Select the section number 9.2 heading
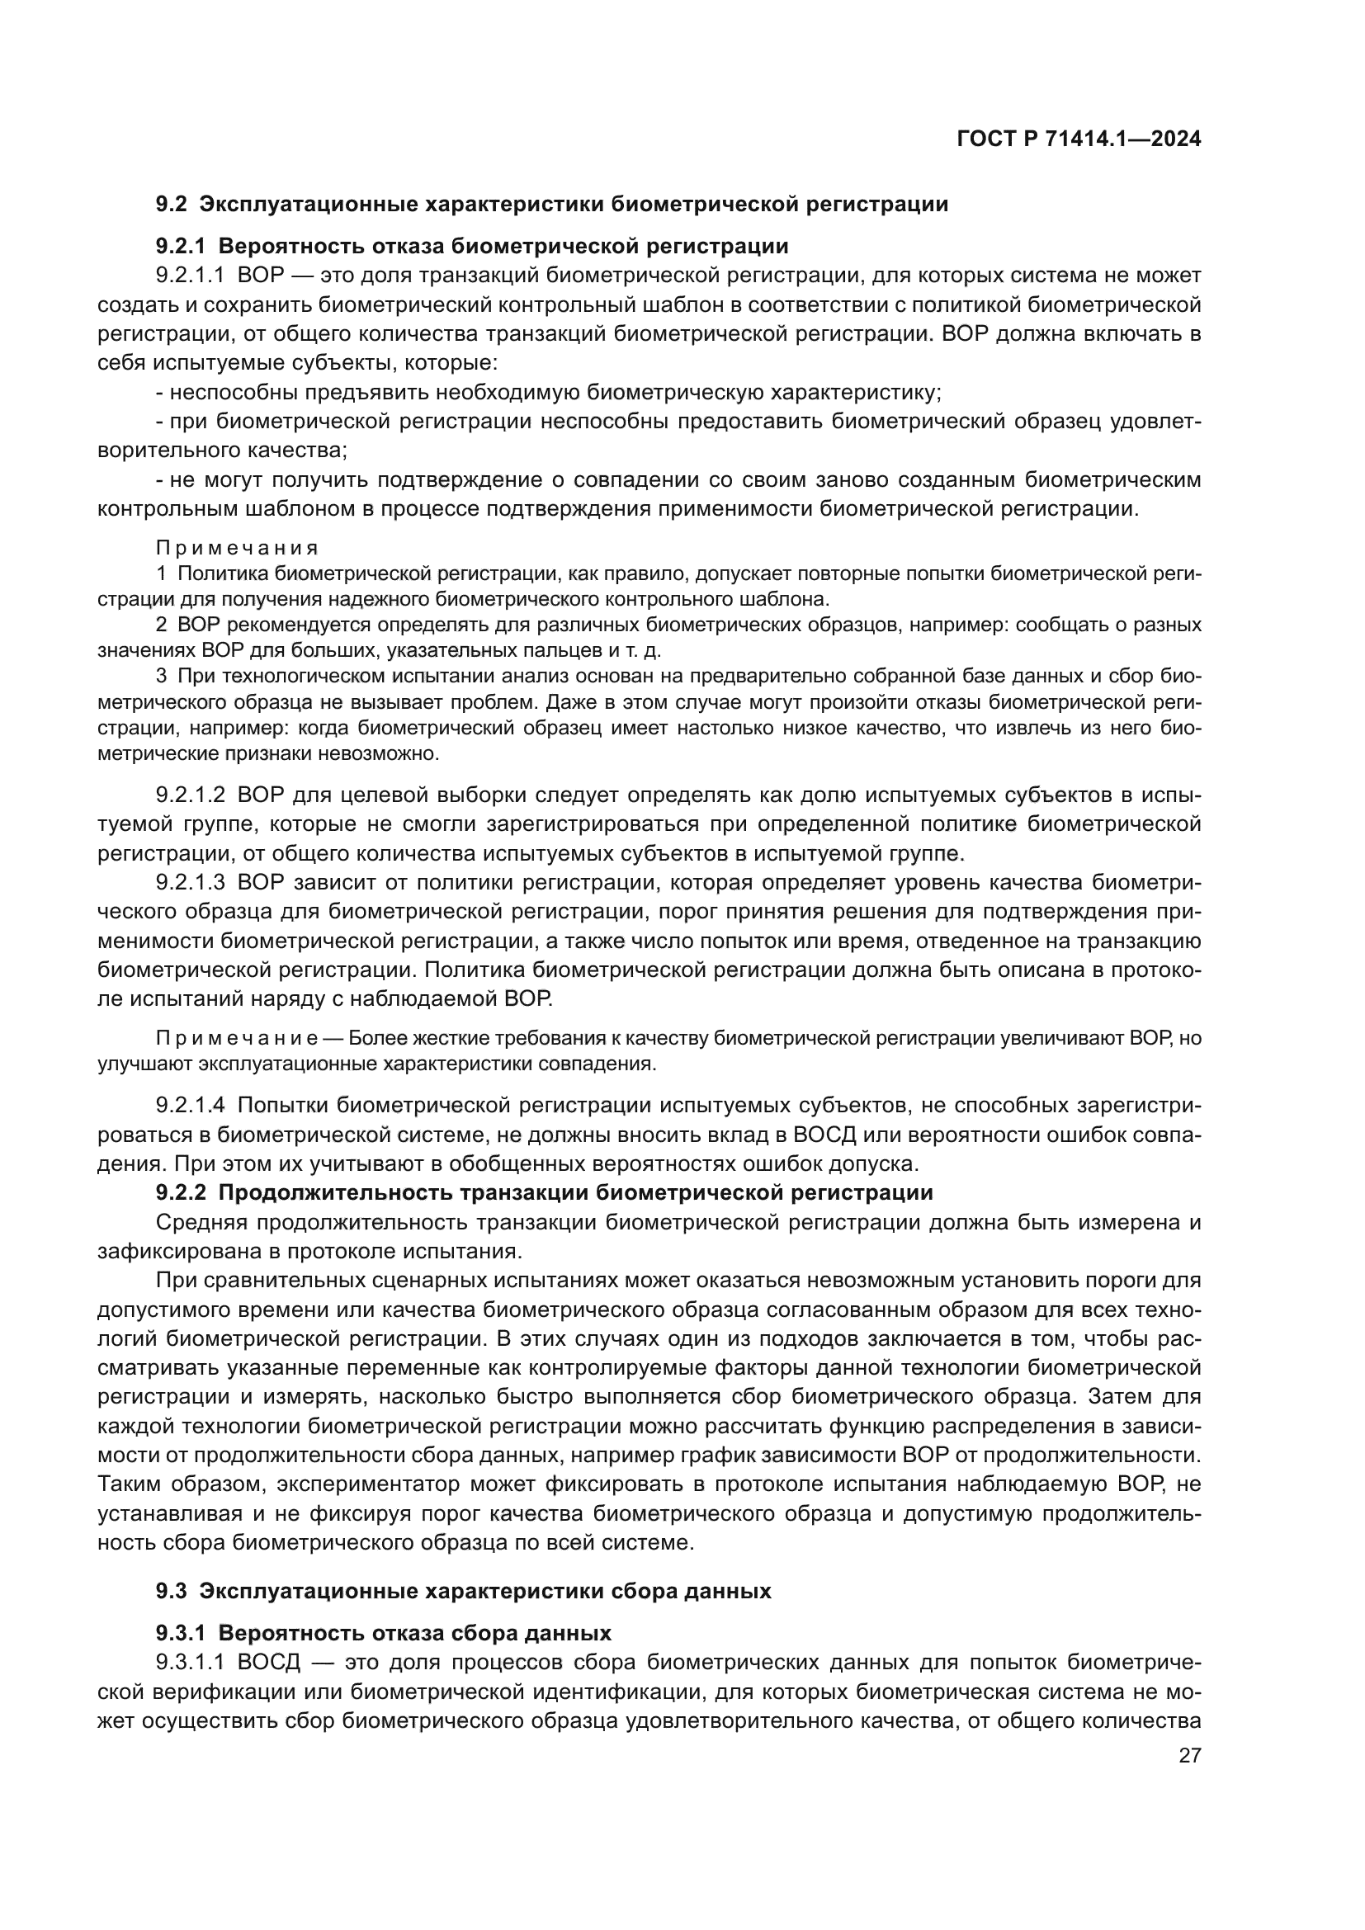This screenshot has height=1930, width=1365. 172,205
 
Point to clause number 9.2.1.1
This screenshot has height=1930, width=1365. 190,276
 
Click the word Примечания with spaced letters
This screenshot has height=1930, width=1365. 237,548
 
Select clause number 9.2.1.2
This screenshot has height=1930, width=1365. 190,795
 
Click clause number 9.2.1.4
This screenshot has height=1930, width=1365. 190,1106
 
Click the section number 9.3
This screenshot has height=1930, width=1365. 172,1591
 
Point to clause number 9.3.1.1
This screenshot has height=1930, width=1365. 190,1663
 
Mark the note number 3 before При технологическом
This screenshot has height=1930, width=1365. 162,676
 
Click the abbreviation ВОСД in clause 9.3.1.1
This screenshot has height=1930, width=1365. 267,1663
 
